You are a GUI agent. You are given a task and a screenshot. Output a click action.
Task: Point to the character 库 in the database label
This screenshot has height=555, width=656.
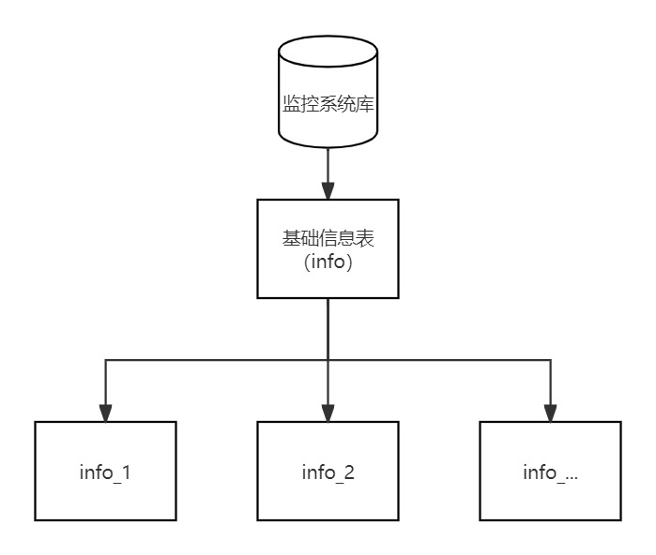click(366, 103)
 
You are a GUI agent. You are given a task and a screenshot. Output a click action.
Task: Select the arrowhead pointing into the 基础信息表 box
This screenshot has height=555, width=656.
click(328, 190)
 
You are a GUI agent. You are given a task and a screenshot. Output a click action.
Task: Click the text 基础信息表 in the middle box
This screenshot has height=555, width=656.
click(328, 239)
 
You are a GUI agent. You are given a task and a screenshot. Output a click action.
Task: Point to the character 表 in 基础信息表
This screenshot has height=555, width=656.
click(366, 239)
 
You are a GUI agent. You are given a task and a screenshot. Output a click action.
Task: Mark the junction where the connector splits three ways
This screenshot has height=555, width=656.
click(328, 360)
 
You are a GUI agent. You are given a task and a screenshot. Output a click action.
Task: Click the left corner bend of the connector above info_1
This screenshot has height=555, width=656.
click(105, 360)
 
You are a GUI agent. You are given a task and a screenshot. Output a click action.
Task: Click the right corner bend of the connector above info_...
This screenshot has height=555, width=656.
click(550, 360)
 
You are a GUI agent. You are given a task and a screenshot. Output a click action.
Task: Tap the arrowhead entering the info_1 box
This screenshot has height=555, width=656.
click(105, 412)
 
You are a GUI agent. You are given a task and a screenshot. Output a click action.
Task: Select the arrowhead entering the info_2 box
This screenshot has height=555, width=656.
click(328, 412)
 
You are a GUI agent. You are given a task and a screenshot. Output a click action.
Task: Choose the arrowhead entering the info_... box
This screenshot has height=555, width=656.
click(550, 412)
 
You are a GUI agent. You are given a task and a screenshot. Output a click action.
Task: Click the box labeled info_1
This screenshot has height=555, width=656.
click(105, 471)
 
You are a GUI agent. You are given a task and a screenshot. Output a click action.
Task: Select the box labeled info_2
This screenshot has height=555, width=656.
click(328, 471)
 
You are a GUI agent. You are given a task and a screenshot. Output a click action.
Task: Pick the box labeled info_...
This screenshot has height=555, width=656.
click(550, 471)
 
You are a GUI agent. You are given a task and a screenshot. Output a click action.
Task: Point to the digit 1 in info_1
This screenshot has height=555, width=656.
click(126, 472)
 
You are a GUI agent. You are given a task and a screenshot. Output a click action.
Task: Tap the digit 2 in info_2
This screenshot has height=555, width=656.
click(349, 472)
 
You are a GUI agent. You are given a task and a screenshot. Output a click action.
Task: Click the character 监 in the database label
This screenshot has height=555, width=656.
click(292, 103)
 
